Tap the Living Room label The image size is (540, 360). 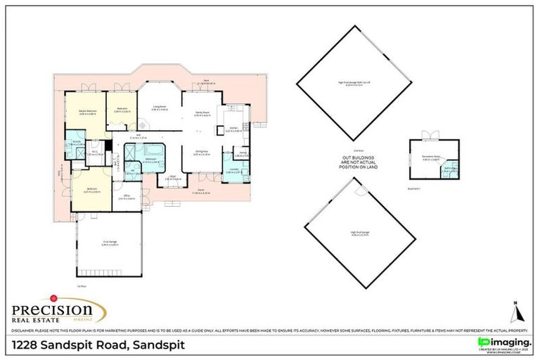pyautogui.click(x=160, y=108)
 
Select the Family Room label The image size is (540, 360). pyautogui.click(x=202, y=115)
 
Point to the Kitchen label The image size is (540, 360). pyautogui.click(x=233, y=129)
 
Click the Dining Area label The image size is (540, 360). pyautogui.click(x=202, y=152)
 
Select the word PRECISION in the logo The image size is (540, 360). pyautogui.click(x=52, y=309)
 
